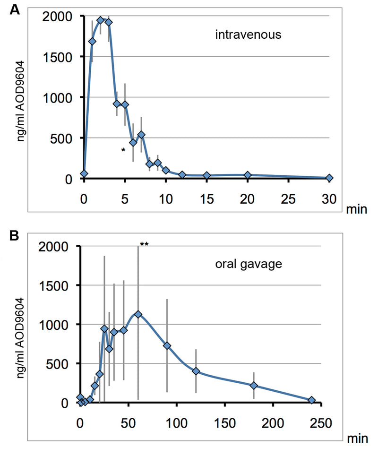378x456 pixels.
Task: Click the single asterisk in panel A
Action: (123, 151)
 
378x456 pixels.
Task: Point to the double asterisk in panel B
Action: (145, 244)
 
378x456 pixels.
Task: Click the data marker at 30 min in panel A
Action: (329, 178)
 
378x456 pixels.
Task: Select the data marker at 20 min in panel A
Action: (248, 175)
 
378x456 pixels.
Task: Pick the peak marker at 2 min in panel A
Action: (100, 20)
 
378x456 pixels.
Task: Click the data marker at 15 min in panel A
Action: (206, 175)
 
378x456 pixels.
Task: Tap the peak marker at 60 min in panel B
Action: (138, 314)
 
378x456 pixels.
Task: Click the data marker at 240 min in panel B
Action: (311, 400)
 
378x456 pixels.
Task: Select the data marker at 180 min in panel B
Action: (254, 386)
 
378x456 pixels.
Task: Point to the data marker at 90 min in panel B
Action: (167, 345)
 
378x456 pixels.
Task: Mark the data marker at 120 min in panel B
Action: (196, 371)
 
